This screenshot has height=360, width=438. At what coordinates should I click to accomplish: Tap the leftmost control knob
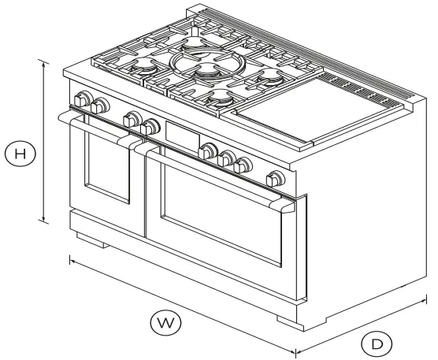81,100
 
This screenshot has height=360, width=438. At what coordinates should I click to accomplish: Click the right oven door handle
213,173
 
